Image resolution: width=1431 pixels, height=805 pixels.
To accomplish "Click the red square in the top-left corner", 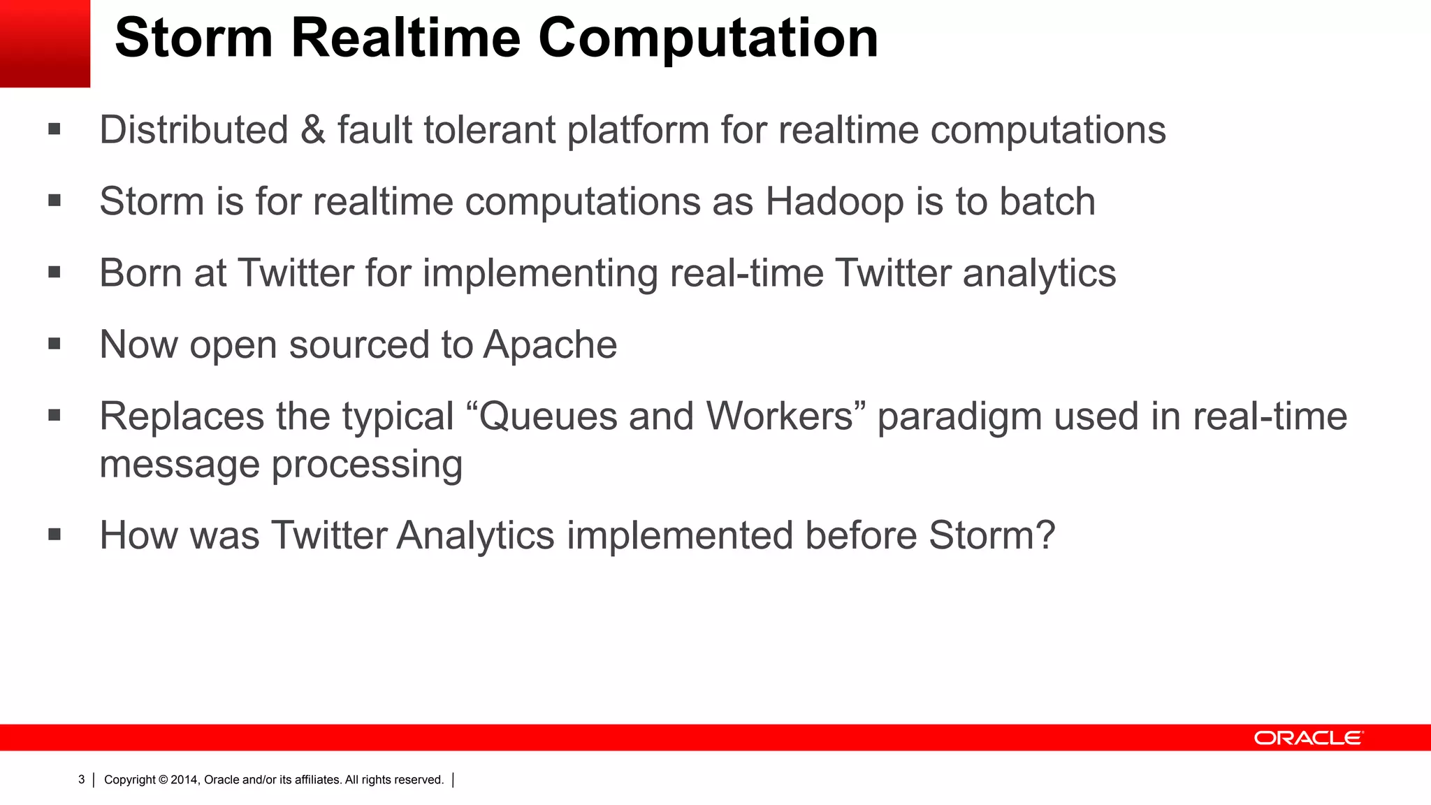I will coord(45,43).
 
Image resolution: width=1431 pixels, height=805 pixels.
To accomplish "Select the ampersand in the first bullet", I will coord(313,130).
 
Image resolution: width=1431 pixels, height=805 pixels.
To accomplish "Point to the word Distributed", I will coord(194,130).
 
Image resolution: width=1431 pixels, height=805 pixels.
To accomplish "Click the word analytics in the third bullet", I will coord(1039,273).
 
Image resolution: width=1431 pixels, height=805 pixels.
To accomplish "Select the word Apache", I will coord(550,345).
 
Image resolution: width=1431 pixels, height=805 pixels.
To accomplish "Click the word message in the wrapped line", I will coord(179,465).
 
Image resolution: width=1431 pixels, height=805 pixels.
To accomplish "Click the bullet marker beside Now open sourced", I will coord(55,344).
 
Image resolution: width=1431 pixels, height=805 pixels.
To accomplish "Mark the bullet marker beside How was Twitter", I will coord(55,535).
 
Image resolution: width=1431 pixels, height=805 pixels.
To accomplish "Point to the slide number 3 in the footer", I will coord(81,780).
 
